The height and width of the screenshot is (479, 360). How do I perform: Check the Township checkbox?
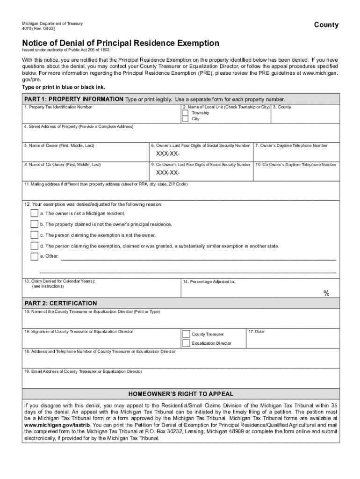tap(185, 113)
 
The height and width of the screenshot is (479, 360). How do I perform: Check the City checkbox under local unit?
tap(185, 119)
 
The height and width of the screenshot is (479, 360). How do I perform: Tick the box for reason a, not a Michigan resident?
tap(34, 213)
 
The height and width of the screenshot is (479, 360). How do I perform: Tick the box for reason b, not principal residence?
tap(34, 224)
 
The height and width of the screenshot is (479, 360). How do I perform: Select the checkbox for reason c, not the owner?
tap(34, 235)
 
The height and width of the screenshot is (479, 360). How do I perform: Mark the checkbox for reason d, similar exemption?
tap(34, 246)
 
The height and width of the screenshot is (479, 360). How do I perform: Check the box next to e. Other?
tap(34, 256)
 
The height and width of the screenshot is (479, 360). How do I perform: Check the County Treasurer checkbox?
tap(186, 334)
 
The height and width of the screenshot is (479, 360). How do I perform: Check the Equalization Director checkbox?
tap(186, 343)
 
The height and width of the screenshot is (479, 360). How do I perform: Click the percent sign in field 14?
tap(327, 293)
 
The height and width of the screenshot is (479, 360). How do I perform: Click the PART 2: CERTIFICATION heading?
tap(61, 303)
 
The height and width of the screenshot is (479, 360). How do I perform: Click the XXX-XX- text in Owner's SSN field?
tap(168, 155)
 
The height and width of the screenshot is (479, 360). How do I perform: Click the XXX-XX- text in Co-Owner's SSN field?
tap(168, 174)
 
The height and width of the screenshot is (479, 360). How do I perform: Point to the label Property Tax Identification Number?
tap(58, 107)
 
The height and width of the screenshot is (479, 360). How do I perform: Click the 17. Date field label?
tap(256, 332)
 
